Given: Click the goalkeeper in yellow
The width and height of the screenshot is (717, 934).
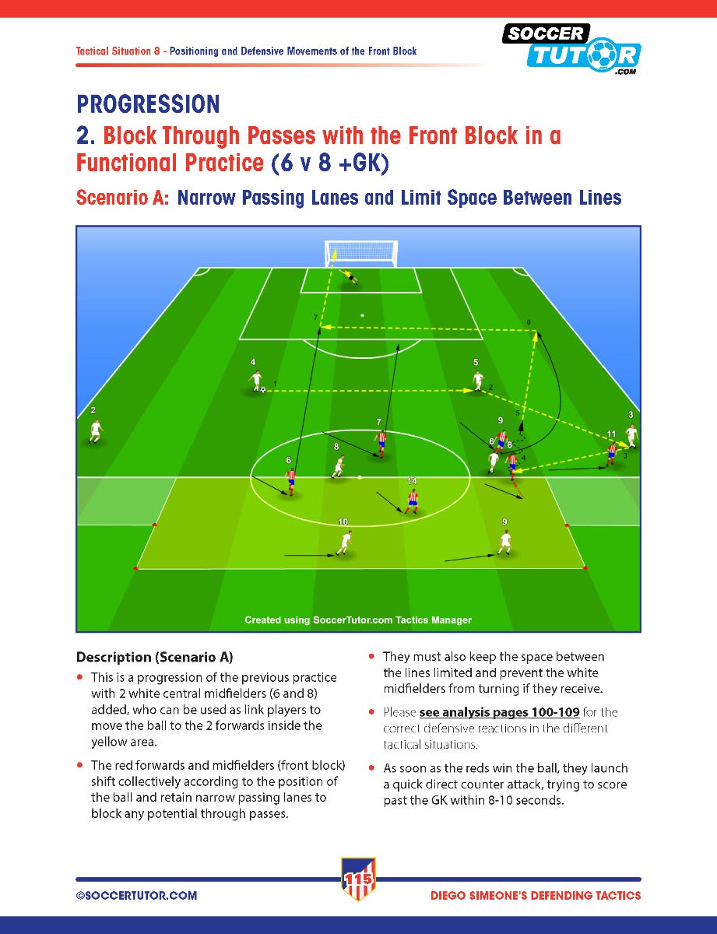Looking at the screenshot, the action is (350, 276).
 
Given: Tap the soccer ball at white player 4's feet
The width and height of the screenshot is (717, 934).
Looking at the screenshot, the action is (262, 390).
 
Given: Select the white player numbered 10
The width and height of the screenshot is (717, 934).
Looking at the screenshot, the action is (345, 542).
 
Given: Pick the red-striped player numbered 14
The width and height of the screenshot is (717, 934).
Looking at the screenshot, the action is (413, 501).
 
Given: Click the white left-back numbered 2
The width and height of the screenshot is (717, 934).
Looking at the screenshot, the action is (96, 431).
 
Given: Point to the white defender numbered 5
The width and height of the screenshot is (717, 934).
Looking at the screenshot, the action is (477, 381).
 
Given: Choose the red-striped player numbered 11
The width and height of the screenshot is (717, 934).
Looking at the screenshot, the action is (611, 455).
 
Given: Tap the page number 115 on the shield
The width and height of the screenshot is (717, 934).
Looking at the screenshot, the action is (358, 880).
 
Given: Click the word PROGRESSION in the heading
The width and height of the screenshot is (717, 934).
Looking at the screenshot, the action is (148, 104).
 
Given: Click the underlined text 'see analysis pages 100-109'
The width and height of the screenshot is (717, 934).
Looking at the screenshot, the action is (500, 713).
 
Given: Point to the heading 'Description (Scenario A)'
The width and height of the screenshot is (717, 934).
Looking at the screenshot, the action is (155, 657).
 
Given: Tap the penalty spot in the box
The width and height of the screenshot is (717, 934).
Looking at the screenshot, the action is (362, 315).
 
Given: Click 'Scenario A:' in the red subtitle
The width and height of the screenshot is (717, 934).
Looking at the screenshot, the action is (123, 198).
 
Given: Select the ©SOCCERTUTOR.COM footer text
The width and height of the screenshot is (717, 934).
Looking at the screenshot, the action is (137, 896).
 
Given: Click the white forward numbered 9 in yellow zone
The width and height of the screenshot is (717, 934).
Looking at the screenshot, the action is (505, 542).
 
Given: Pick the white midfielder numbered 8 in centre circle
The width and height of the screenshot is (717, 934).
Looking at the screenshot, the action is (339, 466).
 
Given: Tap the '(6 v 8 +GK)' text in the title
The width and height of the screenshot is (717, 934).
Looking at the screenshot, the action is (330, 163).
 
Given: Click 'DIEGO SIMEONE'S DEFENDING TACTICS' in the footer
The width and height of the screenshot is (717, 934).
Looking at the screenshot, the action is (536, 896).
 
